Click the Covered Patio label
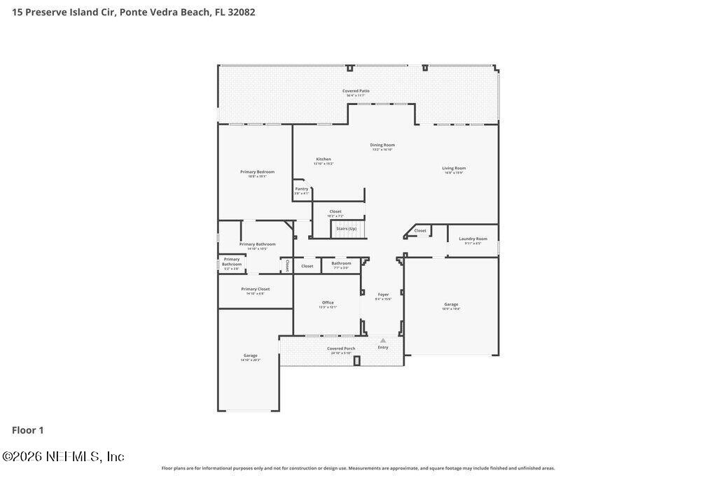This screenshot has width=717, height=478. [x=356, y=91]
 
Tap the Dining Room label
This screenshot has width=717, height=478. [x=382, y=145]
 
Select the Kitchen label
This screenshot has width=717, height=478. [x=323, y=159]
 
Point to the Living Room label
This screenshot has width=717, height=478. [x=454, y=168]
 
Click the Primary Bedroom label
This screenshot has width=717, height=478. [x=257, y=171]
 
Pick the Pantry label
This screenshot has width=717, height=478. [x=301, y=189]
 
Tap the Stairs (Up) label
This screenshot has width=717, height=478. [x=347, y=229]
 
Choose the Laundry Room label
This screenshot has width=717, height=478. [x=473, y=239]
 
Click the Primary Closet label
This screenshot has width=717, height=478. [x=255, y=289]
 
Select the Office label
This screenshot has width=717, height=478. [x=328, y=302]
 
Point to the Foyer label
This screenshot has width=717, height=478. [x=383, y=295]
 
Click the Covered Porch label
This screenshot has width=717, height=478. [x=341, y=349]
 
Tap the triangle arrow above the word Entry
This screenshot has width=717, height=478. [x=383, y=341]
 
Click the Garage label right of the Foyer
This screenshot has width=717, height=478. [x=451, y=304]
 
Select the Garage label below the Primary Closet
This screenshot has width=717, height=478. [x=250, y=356]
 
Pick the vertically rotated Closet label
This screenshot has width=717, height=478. [x=287, y=266]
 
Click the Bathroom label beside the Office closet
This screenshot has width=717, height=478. [x=341, y=263]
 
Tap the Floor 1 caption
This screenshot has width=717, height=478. [x=28, y=430]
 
